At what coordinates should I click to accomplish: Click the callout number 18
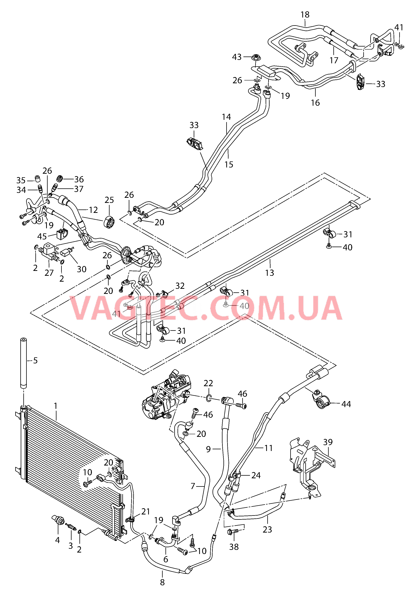(x=305, y=15)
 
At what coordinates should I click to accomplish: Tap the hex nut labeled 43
(x=256, y=57)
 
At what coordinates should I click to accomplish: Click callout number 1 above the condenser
(x=56, y=406)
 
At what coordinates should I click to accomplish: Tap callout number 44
(x=346, y=404)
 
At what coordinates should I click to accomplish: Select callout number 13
(x=269, y=273)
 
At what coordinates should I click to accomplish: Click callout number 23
(x=267, y=529)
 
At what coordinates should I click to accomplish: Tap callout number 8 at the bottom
(x=162, y=582)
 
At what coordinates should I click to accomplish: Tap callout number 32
(x=180, y=286)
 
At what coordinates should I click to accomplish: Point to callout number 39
(x=328, y=442)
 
